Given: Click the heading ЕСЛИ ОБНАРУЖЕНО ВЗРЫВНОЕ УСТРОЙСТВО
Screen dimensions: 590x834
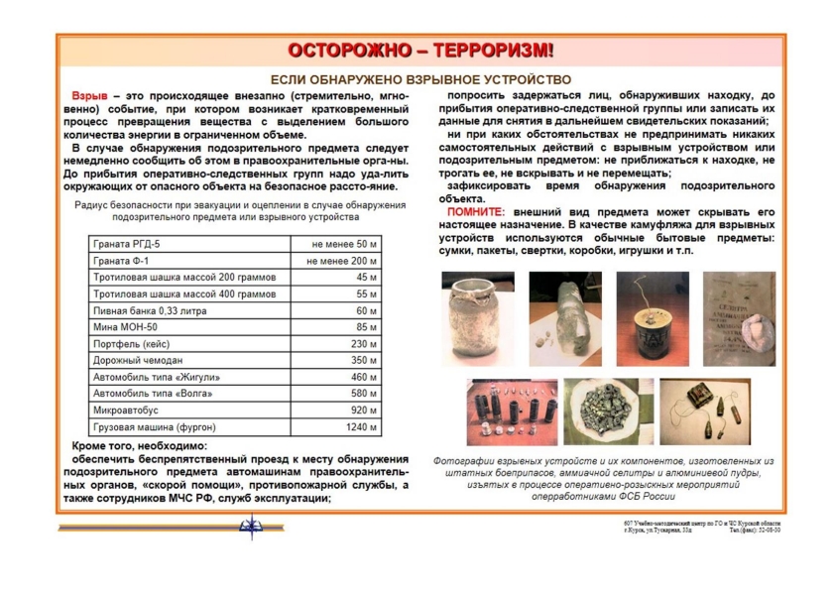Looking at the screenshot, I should coord(420,78).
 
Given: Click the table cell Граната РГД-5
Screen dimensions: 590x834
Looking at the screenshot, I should coord(126,243).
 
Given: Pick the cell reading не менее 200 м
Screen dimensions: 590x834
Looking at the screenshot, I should coord(341,260).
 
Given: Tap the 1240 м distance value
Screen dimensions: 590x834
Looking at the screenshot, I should coord(361,427).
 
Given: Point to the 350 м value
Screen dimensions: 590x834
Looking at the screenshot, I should coord(366,360).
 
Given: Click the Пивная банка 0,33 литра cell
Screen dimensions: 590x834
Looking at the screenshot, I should coord(145,310).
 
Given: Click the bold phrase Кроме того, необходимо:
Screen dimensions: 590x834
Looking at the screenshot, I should coord(139,446).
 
